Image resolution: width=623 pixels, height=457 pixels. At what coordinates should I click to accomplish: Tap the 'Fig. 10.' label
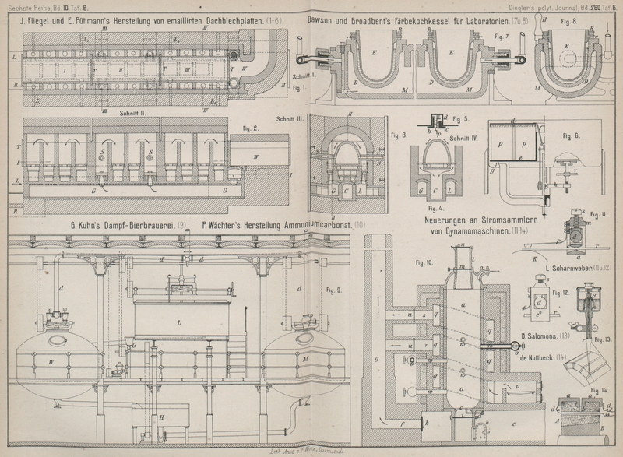(x=425, y=262)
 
